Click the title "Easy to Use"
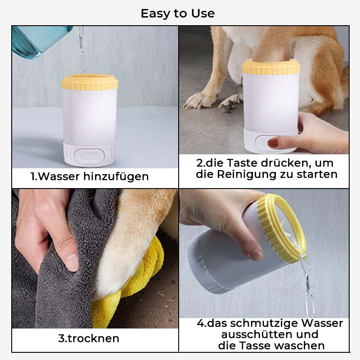pos(178,13)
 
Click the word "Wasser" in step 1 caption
pos(58,176)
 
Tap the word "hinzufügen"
pos(116,177)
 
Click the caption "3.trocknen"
pos(89,338)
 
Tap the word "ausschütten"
pos(257,334)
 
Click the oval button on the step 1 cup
pos(89,157)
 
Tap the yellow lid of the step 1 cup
pos(90,82)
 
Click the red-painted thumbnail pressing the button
pos(273,143)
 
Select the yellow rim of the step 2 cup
pos(271,67)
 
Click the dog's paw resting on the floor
pos(200,100)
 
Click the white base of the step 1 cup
pos(89,154)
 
